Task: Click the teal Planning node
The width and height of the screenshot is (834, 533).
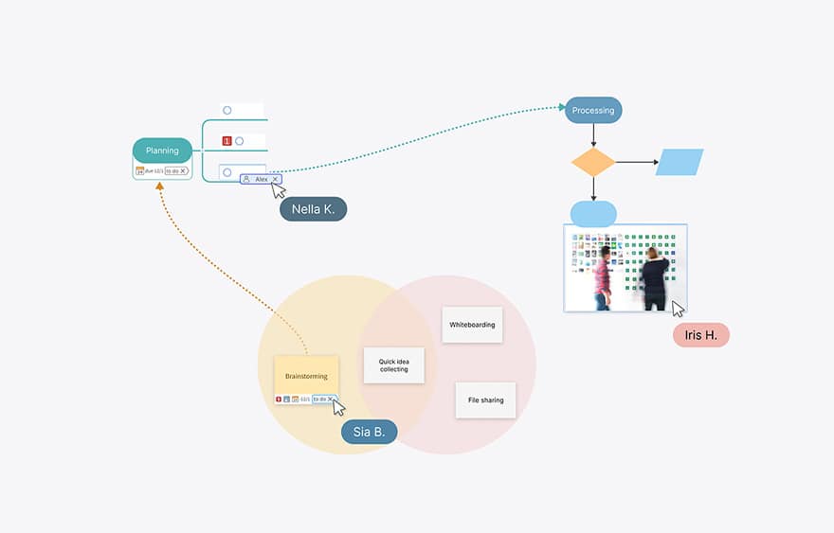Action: click(162, 151)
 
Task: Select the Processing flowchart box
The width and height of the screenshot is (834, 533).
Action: click(593, 110)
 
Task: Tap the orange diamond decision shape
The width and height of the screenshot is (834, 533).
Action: click(593, 162)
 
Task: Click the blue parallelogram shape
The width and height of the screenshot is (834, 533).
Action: click(680, 162)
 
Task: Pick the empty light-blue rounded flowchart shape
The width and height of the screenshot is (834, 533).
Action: click(593, 213)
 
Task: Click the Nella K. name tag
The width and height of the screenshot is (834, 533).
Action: click(313, 209)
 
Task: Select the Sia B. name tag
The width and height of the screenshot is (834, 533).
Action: click(369, 433)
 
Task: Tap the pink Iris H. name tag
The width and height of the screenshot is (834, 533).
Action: click(700, 335)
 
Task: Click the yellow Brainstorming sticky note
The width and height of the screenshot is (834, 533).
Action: click(306, 375)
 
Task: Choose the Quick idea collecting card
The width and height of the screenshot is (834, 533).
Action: click(393, 364)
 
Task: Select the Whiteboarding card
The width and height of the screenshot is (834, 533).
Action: click(472, 325)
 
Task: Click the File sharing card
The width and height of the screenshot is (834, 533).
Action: click(485, 400)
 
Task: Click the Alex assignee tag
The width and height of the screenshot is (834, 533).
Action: click(260, 179)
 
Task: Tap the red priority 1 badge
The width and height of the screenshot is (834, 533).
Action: click(227, 141)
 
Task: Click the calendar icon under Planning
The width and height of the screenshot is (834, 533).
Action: click(140, 171)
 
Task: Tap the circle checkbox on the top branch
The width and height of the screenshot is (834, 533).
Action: click(227, 110)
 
